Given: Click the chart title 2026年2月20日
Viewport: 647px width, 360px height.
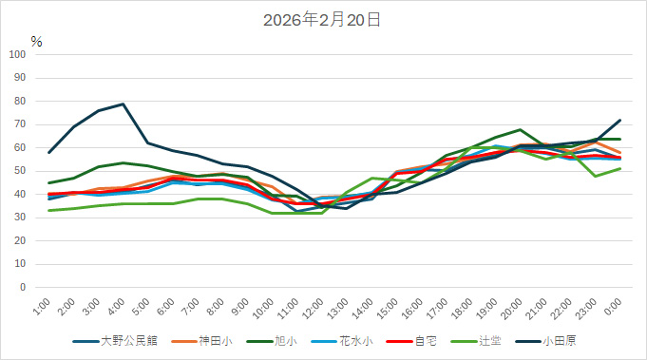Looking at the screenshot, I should pyautogui.click(x=322, y=19).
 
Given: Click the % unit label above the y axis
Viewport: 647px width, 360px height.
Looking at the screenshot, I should pyautogui.click(x=36, y=41).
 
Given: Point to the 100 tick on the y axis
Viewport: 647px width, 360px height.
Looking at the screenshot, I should pyautogui.click(x=18, y=54).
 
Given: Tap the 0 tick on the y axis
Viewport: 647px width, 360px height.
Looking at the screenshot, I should pyautogui.click(x=24, y=287).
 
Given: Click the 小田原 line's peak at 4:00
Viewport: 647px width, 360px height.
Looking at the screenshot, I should pyautogui.click(x=124, y=104).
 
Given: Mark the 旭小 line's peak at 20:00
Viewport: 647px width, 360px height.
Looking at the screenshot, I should pyautogui.click(x=520, y=129).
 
